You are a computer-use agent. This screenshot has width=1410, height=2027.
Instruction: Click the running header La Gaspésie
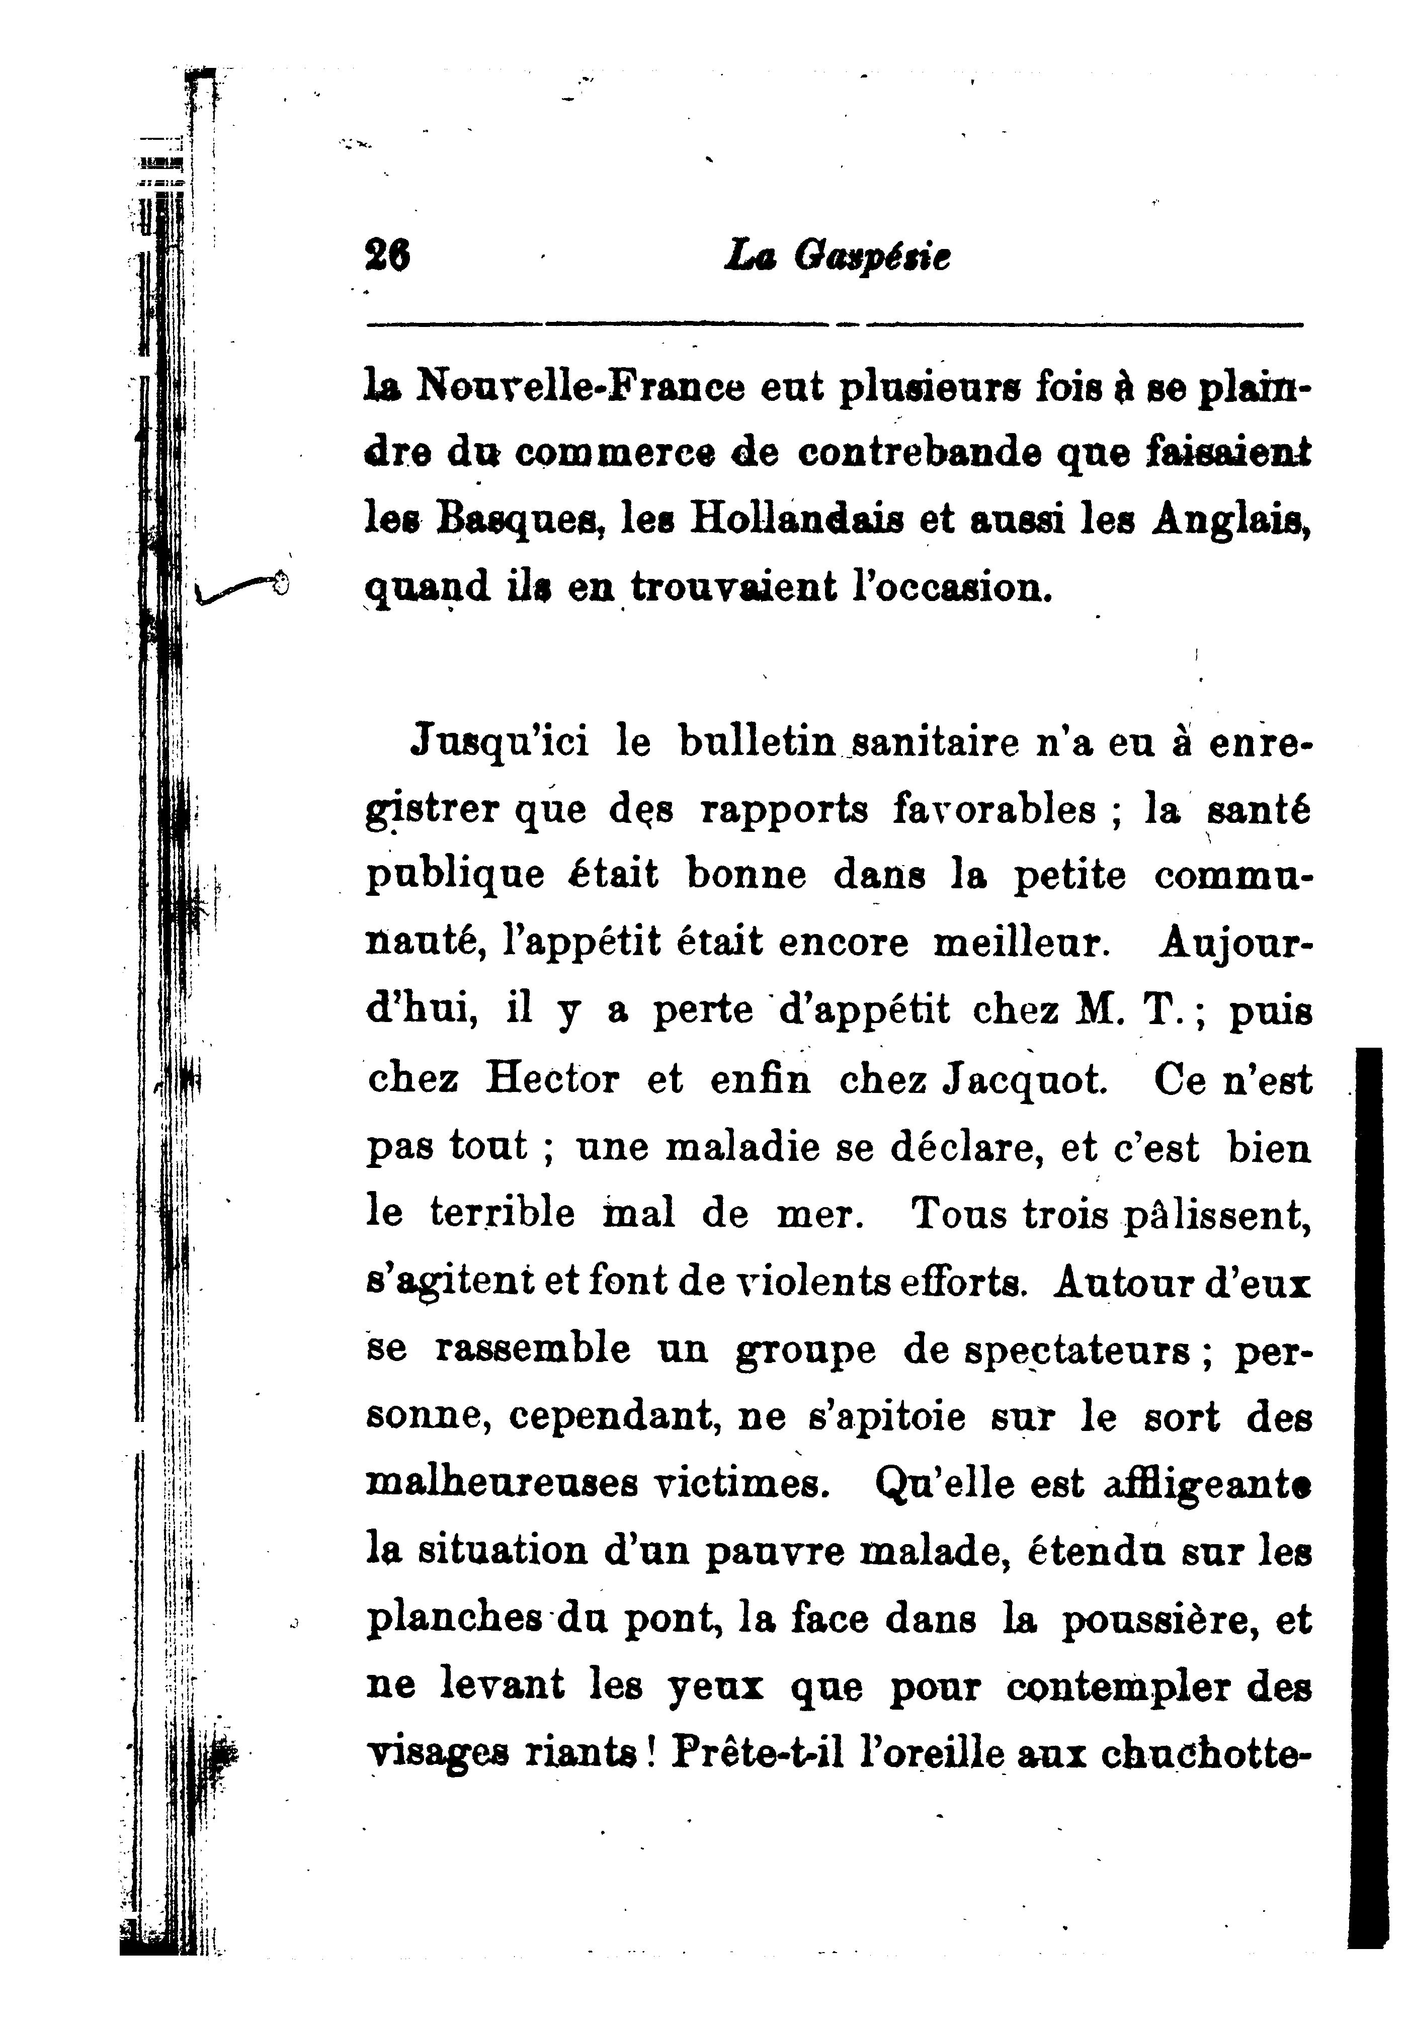(x=837, y=257)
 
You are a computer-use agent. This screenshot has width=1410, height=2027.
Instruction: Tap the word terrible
(x=502, y=1213)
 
